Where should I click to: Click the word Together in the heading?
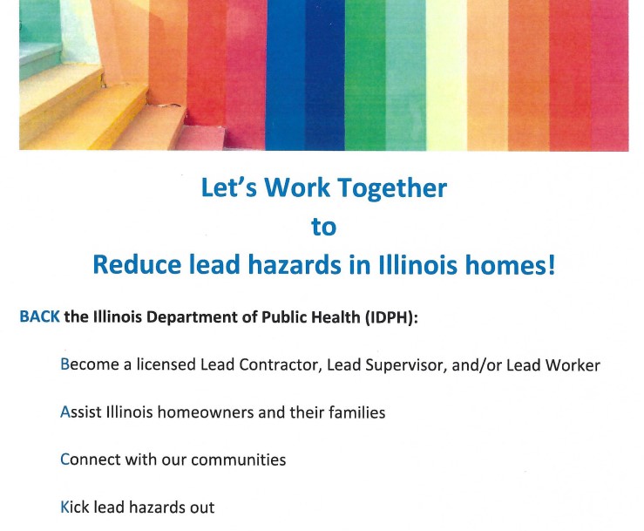pos(392,189)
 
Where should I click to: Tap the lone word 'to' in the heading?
pos(323,227)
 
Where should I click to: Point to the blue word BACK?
pos(40,317)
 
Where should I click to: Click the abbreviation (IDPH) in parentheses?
pos(391,317)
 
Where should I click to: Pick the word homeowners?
pos(206,412)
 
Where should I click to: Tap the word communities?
pos(238,460)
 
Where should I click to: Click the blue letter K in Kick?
pos(64,507)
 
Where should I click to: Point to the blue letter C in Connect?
pos(64,460)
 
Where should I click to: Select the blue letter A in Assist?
pos(65,412)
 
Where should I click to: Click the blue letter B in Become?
pos(64,364)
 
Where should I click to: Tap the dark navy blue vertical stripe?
pos(325,75)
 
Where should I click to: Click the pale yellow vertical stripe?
pos(446,75)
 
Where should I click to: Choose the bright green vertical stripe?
pos(365,75)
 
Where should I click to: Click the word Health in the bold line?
pos(336,317)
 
